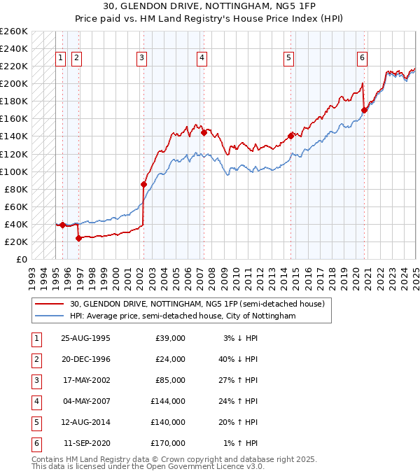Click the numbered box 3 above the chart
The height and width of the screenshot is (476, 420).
tap(141, 58)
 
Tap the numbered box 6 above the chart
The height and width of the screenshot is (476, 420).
tap(363, 58)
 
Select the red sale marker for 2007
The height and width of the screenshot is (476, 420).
tap(204, 132)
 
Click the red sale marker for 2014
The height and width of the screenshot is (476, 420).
tap(291, 136)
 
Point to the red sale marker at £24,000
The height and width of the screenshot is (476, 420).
tap(79, 238)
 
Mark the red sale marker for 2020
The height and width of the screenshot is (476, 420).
tap(364, 110)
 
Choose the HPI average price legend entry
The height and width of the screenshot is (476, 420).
tap(183, 316)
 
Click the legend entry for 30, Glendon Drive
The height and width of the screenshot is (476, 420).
tap(197, 304)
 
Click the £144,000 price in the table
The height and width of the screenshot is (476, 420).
tap(170, 401)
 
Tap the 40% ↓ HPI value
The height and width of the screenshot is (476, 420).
tap(241, 359)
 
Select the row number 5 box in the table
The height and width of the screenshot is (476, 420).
tap(35, 422)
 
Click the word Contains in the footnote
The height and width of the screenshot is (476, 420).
tap(48, 460)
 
